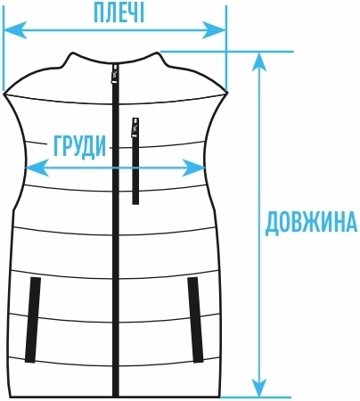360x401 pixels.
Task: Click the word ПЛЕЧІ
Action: point(119,13)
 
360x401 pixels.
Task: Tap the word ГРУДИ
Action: point(79,146)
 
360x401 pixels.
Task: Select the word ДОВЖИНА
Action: point(311,223)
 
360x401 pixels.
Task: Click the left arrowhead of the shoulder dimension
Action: point(15,30)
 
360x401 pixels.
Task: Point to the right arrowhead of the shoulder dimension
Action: point(214,30)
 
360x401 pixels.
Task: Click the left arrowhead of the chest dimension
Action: point(37,168)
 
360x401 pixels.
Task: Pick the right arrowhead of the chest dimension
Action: point(193,168)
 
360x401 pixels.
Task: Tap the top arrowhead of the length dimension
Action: point(259,61)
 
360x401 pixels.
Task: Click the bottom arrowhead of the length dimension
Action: point(259,387)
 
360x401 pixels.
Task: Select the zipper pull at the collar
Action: point(115,74)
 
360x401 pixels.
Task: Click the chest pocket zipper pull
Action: point(135,127)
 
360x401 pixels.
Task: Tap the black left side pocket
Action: point(33,320)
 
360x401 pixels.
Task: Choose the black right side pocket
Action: point(195,320)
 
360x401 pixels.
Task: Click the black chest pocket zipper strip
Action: point(135,171)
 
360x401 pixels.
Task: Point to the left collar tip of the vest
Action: point(72,53)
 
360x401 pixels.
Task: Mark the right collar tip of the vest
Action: point(157,53)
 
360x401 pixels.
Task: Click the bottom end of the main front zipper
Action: point(116,397)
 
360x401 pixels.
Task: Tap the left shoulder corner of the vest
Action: point(4,94)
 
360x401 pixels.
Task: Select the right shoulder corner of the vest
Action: point(227,93)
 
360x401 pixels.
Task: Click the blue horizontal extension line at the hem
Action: point(255,397)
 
